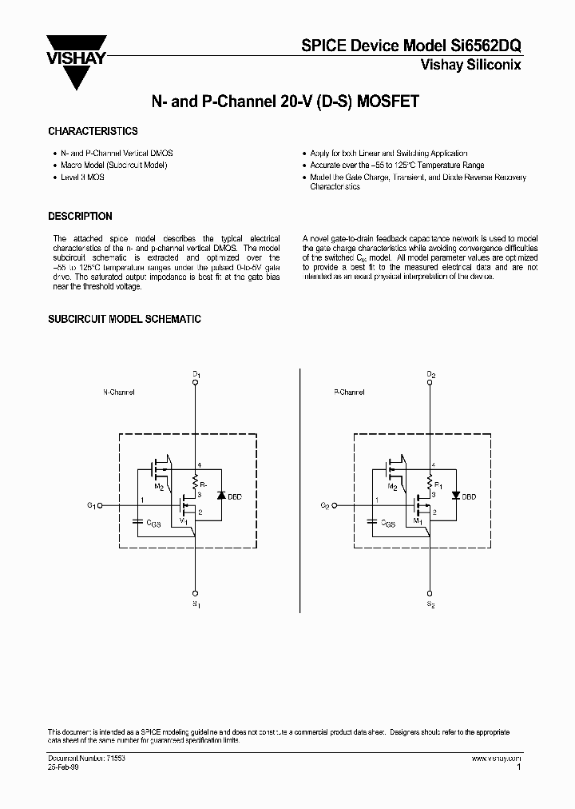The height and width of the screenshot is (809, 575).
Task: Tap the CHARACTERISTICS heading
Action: (x=93, y=131)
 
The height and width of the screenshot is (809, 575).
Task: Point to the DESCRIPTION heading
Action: (x=80, y=217)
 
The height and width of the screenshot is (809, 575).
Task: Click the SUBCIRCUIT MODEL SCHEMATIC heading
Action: (x=124, y=319)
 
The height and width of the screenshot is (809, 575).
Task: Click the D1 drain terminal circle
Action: (x=196, y=382)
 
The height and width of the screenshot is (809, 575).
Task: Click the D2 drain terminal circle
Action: (x=430, y=382)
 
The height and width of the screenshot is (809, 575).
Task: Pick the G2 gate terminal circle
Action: (x=335, y=506)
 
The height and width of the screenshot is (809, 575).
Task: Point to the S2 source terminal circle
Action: (x=430, y=593)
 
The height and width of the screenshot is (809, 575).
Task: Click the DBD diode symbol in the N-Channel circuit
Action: (x=220, y=496)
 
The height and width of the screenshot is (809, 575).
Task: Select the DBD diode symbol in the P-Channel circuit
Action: (x=454, y=496)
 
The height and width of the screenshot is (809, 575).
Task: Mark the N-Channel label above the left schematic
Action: (x=119, y=393)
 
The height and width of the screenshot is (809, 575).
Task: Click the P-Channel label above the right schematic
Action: (x=349, y=393)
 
